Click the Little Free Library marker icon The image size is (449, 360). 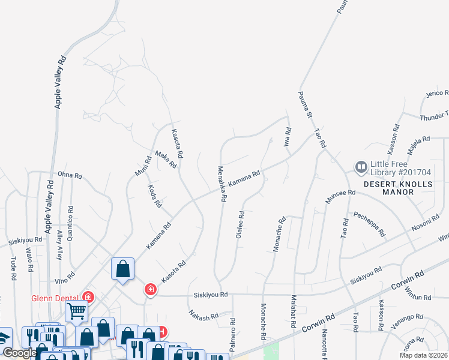tap(361, 166)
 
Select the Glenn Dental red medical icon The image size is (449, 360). tap(88, 297)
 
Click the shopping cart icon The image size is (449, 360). tap(77, 311)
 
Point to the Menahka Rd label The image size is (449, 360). tap(221, 183)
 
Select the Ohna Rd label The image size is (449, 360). tap(70, 175)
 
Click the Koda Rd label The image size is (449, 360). tap(155, 196)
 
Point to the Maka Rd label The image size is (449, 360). tap(166, 158)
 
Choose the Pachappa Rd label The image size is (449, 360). tap(369, 223)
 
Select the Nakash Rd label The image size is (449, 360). tap(203, 315)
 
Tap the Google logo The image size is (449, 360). tap(19, 353)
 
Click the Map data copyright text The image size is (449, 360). tap(424, 355)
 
